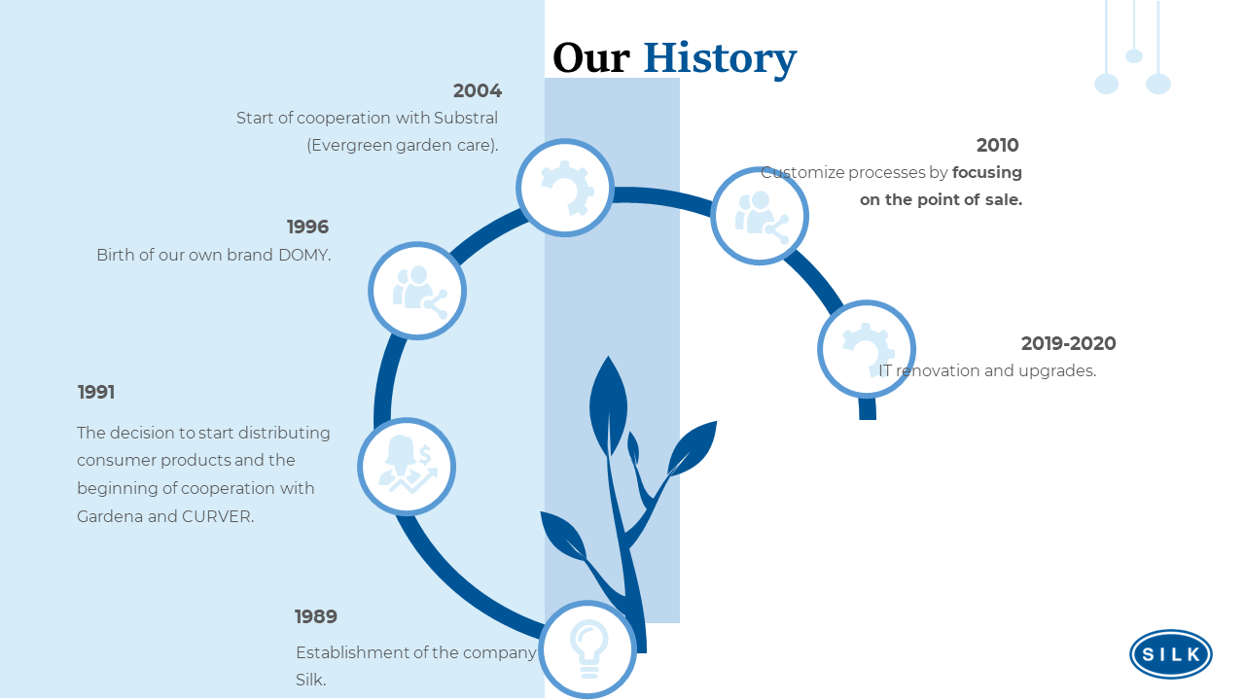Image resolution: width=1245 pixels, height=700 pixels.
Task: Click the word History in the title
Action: coord(720,59)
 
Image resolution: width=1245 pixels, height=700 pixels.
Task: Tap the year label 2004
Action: coord(478,90)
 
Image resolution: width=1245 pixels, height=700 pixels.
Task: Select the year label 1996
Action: coord(308,227)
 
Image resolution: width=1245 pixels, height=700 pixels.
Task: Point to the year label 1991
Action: coord(96,392)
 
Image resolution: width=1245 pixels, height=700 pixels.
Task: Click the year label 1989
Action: coord(316,616)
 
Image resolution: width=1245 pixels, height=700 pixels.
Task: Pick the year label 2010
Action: coord(998,145)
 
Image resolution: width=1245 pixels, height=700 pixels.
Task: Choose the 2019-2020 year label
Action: coord(1068,343)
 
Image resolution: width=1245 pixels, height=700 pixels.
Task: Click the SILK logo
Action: coord(1171,654)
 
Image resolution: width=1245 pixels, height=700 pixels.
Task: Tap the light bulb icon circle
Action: coord(588,648)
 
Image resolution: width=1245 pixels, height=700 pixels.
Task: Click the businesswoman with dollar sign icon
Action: coord(407,467)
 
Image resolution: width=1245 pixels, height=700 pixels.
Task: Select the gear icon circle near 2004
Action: coord(565,188)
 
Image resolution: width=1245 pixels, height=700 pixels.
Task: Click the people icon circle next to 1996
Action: coord(417,291)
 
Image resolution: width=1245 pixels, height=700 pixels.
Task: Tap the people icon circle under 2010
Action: coord(760,216)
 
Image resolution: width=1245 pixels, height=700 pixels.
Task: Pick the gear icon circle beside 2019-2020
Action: coord(867,349)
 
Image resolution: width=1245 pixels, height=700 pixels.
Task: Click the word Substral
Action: coord(466,118)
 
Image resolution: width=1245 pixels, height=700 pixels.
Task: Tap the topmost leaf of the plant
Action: coord(609,405)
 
